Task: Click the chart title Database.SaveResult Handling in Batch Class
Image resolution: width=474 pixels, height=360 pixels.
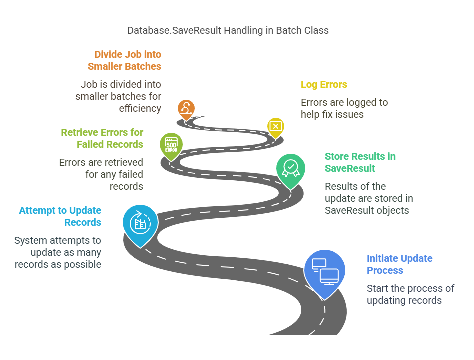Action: coord(228,30)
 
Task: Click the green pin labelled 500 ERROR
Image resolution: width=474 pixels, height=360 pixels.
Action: coord(171,145)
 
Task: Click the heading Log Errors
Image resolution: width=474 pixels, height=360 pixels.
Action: coord(324,84)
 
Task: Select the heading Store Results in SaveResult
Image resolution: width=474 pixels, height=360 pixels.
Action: coord(360,162)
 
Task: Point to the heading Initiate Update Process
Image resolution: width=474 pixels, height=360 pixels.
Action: coord(399,264)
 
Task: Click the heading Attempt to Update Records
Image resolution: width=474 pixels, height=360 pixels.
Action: coord(60,216)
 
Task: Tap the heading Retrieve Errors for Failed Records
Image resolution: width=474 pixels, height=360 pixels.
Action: coord(102,138)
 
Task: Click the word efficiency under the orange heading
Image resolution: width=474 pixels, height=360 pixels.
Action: coord(140,108)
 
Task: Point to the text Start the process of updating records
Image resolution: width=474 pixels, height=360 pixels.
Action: coord(410,294)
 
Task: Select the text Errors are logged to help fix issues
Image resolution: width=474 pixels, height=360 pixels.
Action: coord(344,108)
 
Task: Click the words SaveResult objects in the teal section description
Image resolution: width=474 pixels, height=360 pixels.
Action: coord(367,210)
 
